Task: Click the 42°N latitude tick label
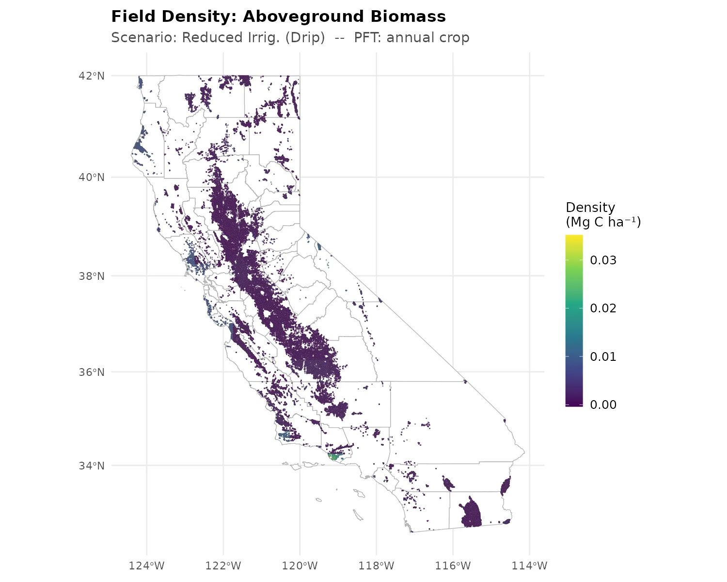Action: click(x=92, y=76)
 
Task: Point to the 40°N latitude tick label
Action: click(x=92, y=177)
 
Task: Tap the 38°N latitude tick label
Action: click(x=92, y=276)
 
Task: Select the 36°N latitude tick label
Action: click(x=92, y=372)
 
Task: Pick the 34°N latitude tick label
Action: click(x=92, y=466)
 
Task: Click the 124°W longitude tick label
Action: click(x=146, y=566)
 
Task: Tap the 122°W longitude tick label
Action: click(x=223, y=566)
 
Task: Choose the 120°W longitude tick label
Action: click(x=300, y=566)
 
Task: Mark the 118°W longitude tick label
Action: click(x=376, y=566)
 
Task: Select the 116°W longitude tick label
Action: click(x=453, y=566)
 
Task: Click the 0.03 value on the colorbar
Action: click(x=603, y=260)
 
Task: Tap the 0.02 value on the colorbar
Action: click(x=603, y=308)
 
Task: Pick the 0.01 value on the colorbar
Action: click(x=603, y=356)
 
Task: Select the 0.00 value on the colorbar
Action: click(x=603, y=404)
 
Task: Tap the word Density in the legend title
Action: click(x=590, y=208)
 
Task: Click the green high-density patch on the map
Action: click(x=333, y=456)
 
